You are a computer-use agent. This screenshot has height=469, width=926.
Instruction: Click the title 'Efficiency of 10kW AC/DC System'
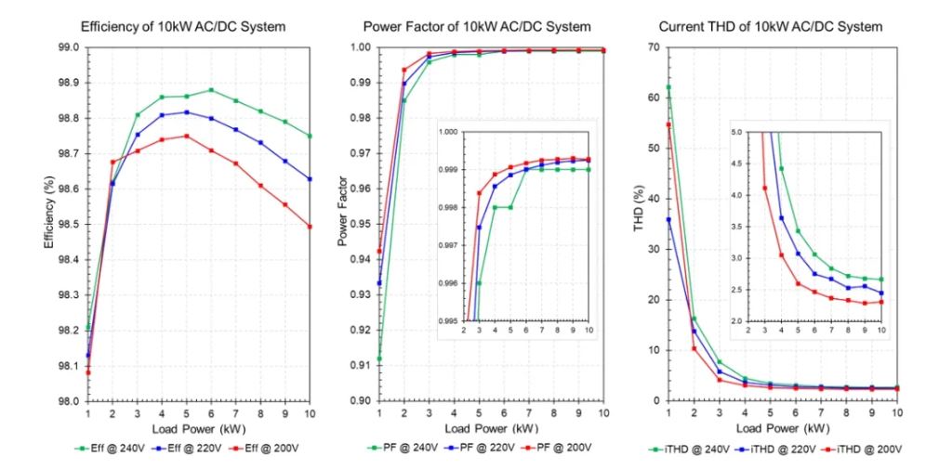[x=183, y=27]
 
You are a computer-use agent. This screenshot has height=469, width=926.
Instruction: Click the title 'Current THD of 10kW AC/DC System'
[x=771, y=27]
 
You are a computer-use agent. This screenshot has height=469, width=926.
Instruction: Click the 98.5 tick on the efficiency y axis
[x=67, y=225]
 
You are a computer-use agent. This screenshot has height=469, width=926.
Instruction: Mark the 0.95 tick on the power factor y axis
[x=359, y=225]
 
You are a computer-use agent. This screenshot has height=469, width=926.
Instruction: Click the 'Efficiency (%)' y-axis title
[x=48, y=224]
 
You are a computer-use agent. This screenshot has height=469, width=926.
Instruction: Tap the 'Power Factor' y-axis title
[x=343, y=224]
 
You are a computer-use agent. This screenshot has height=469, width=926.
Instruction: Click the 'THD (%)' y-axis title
[x=639, y=224]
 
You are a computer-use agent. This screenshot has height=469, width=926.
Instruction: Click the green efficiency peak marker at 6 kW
[x=212, y=90]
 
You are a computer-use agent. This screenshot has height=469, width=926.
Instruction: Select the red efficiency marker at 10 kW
[x=310, y=227]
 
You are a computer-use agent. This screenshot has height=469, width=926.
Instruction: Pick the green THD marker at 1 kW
[x=668, y=87]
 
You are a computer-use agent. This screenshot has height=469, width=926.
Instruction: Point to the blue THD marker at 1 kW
[x=668, y=220]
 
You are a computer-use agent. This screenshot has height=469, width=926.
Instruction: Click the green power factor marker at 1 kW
[x=378, y=358]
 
